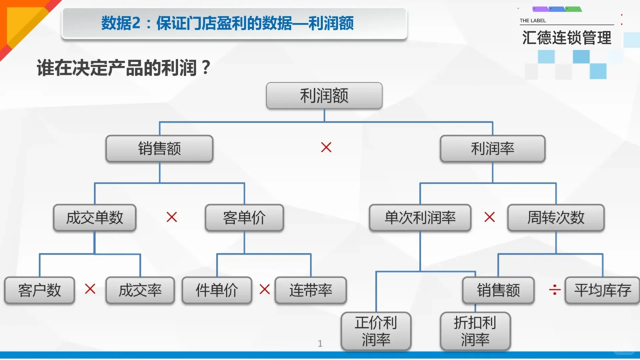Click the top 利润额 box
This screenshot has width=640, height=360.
pyautogui.click(x=324, y=96)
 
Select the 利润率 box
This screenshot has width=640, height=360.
pyautogui.click(x=492, y=149)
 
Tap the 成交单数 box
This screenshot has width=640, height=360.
pyautogui.click(x=95, y=218)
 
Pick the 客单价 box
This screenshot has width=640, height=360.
pyautogui.click(x=244, y=218)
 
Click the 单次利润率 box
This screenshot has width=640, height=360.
pyautogui.click(x=420, y=218)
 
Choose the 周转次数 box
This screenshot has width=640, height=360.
pyautogui.click(x=556, y=218)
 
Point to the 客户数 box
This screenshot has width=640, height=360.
pyautogui.click(x=39, y=290)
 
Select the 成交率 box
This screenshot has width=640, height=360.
pyautogui.click(x=140, y=290)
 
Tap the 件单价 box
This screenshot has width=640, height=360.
pyautogui.click(x=217, y=290)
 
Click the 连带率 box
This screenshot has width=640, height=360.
pyautogui.click(x=311, y=290)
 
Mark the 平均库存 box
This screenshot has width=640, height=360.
pyautogui.click(x=602, y=290)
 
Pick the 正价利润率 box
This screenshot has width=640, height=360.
pyautogui.click(x=376, y=331)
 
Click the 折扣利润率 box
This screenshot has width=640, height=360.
pyautogui.click(x=475, y=331)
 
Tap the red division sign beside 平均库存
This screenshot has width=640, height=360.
pyautogui.click(x=555, y=290)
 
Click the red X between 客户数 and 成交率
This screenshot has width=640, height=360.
pyautogui.click(x=90, y=289)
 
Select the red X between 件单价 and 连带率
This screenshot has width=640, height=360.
pyautogui.click(x=265, y=289)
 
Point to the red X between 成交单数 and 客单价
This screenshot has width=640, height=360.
pyautogui.click(x=172, y=217)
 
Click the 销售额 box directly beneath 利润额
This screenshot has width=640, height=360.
pyautogui.click(x=159, y=149)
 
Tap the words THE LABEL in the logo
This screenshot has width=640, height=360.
pyautogui.click(x=533, y=21)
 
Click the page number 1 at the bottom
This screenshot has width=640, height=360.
pyautogui.click(x=320, y=343)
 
